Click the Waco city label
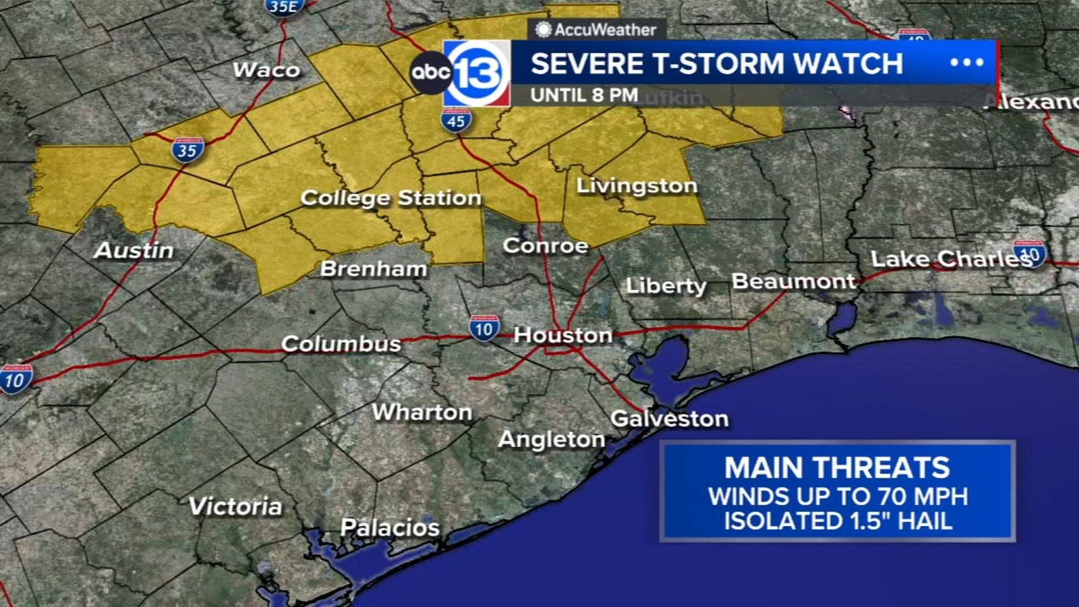coord(266,69)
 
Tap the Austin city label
coord(134,250)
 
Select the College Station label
coord(390,198)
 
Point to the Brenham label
coord(373,268)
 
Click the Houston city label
coord(563,335)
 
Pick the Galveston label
coord(669,418)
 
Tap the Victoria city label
coord(235,506)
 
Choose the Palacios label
coord(390,527)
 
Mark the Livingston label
coord(637,185)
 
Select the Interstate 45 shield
coord(457,121)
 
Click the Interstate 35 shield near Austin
coord(187,150)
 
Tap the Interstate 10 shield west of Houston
coord(484,328)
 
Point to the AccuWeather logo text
coord(596,30)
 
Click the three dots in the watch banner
coord(966,63)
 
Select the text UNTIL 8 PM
coord(584,95)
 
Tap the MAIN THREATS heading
coord(837,467)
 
